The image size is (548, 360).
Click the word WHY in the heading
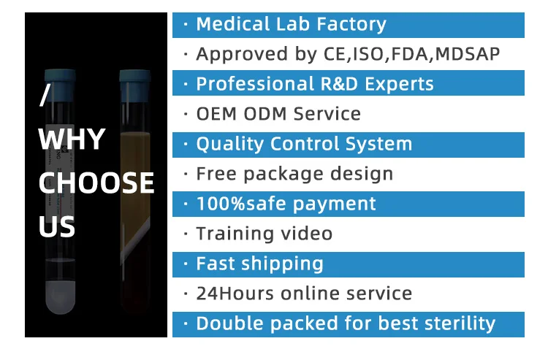[72, 139]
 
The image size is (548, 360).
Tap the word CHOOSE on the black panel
[96, 183]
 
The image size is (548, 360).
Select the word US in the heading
[56, 226]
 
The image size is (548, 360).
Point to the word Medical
[233, 24]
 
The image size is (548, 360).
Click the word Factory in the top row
[351, 25]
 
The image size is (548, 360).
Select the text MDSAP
[468, 54]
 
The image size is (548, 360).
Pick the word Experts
[399, 85]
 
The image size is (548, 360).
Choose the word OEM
[216, 114]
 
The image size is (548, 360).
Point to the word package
[283, 175]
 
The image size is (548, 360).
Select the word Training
[235, 234]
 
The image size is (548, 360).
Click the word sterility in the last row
[460, 324]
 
